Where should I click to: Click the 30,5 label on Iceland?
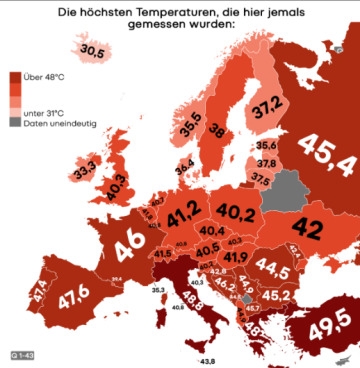click(93, 50)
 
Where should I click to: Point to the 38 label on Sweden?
click(216, 130)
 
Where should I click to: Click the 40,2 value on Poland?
click(237, 212)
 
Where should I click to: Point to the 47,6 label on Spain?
click(76, 300)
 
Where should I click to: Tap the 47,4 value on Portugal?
click(39, 294)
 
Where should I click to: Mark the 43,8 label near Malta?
click(207, 360)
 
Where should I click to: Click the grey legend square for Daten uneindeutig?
click(16, 122)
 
